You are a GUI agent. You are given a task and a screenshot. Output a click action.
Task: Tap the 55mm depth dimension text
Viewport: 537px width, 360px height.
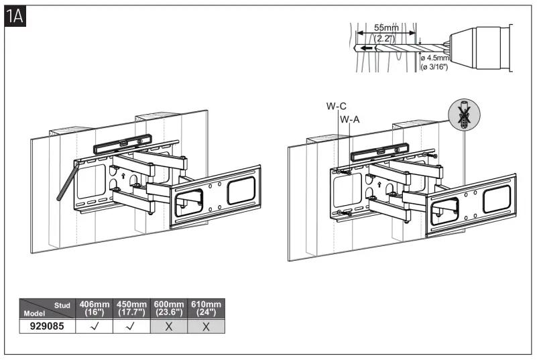click(386, 28)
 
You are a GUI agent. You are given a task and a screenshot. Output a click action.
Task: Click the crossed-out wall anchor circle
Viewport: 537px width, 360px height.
click(461, 115)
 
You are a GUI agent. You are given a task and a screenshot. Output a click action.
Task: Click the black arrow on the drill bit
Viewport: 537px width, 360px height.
click(365, 48)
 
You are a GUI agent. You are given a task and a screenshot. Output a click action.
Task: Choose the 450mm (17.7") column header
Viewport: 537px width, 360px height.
click(131, 308)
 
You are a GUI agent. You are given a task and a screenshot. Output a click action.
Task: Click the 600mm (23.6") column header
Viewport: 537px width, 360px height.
click(170, 308)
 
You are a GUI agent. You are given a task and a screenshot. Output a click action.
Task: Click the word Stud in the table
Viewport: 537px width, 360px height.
click(62, 304)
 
